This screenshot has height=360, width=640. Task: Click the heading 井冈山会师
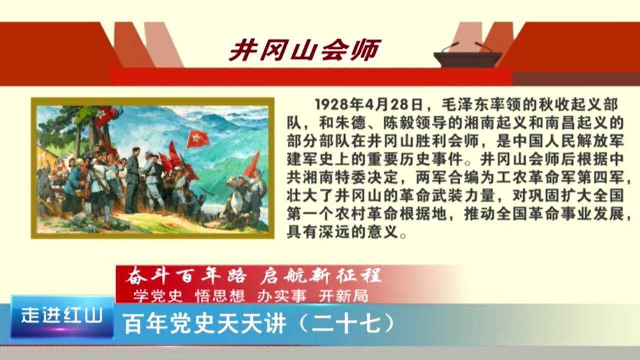[x=305, y=50]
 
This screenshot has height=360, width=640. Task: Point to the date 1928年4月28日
[x=369, y=105]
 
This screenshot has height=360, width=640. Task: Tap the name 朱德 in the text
[x=351, y=123]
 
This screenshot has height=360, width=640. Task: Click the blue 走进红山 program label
[x=62, y=316]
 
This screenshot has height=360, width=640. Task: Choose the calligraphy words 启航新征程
[x=321, y=276]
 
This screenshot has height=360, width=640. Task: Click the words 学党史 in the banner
[x=158, y=296]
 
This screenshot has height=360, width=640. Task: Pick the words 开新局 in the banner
[x=343, y=296]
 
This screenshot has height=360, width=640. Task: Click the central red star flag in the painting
[x=197, y=139]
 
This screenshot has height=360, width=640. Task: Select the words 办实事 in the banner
[x=282, y=296]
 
